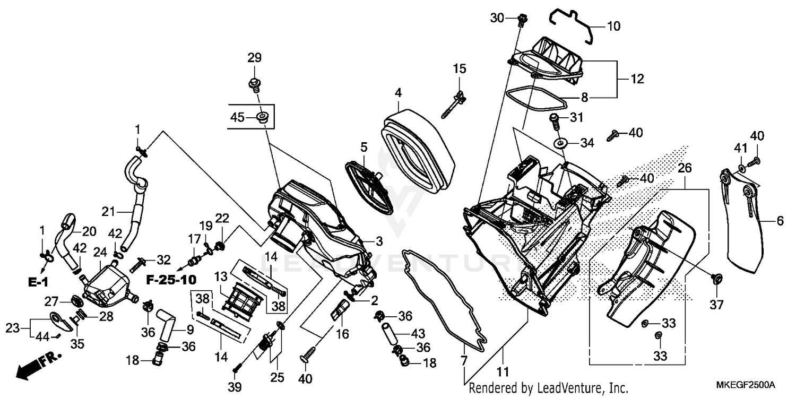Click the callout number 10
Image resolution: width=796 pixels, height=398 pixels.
[613, 26]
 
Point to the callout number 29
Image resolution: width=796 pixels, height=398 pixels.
[254, 57]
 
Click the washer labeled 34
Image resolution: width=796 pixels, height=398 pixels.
[559, 143]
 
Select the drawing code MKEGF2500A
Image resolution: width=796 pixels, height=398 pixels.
[749, 384]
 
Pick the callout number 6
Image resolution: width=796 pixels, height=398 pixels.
[780, 222]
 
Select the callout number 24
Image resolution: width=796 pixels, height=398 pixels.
[100, 252]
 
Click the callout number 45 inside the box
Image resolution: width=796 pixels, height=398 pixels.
[237, 117]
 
